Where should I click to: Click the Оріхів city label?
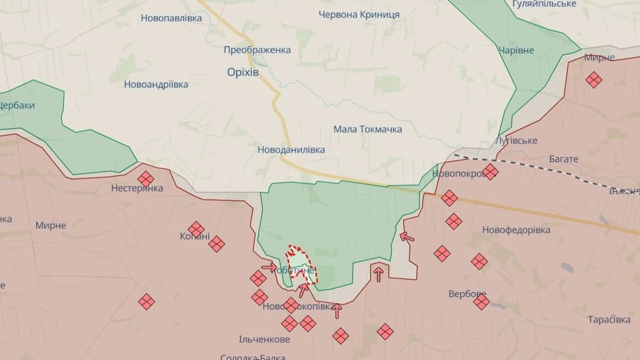[x=244, y=72]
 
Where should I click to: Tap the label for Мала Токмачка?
[x=367, y=129]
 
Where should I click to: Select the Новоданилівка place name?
[x=291, y=150]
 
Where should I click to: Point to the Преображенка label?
[x=257, y=50]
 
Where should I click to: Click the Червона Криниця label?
[x=359, y=14]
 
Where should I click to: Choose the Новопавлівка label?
[x=171, y=18]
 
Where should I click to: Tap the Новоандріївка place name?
[x=156, y=84]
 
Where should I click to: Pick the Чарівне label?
[x=516, y=50]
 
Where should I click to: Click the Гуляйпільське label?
[x=544, y=4]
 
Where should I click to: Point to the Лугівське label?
[x=516, y=141]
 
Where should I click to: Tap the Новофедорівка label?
[x=508, y=230]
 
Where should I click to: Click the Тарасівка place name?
[x=609, y=319]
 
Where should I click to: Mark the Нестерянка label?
[x=137, y=189]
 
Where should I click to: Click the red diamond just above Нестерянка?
[x=146, y=178]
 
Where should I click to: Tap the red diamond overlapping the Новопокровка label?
[x=490, y=172]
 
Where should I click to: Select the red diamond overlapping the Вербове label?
[x=482, y=302]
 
